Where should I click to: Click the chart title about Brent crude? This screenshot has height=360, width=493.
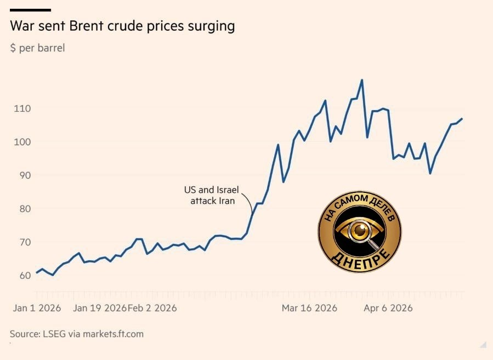[122, 26]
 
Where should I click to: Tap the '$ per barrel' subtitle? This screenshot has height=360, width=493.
[37, 48]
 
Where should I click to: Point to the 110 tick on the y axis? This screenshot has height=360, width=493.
[22, 108]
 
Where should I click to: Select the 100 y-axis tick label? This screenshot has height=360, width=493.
[22, 142]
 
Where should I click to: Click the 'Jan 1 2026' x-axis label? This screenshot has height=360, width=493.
[37, 308]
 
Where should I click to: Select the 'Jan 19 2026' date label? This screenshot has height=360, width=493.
[99, 308]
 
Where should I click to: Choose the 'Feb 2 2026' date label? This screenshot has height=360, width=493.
[152, 308]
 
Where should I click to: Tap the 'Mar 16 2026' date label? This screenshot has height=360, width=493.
[309, 308]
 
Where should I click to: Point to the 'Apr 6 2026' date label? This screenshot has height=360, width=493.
[388, 308]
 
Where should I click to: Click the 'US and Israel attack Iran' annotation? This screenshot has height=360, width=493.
[212, 196]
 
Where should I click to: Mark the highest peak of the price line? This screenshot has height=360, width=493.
[361, 80]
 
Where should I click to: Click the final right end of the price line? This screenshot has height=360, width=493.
[462, 118]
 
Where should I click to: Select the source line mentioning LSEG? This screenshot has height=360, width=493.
[77, 334]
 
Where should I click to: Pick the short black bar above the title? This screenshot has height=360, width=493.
[30, 10]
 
